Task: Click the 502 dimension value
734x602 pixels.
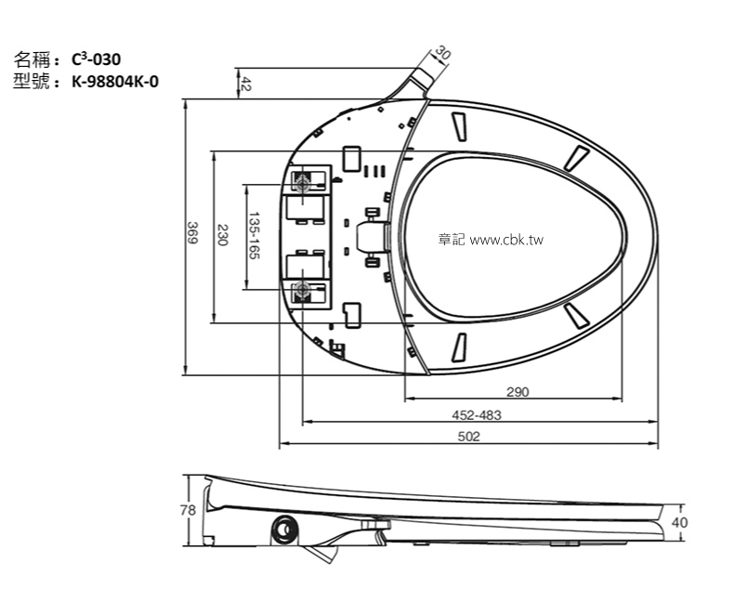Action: point(469,438)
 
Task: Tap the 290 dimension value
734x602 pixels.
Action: point(518,392)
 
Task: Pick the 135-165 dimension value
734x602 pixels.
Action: point(254,236)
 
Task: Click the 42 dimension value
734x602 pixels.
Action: point(246,84)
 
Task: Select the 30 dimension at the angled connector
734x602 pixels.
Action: point(442,55)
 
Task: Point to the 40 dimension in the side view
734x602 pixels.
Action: point(679,522)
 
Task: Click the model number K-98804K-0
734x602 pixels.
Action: point(114,81)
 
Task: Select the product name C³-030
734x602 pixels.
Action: point(96,59)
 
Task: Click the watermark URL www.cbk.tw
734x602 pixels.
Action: point(506,240)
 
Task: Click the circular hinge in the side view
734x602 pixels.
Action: point(284,531)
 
